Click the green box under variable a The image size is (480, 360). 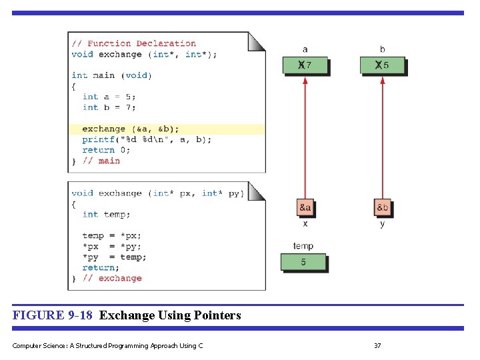[x=305, y=65]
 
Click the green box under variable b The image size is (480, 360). [x=382, y=65]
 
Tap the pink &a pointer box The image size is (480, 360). [x=305, y=207]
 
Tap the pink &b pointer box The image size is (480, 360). [x=382, y=207]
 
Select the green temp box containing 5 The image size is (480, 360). [x=303, y=262]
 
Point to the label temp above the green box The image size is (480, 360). [x=303, y=246]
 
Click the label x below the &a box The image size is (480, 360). [x=305, y=224]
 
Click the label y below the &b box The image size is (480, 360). [x=382, y=224]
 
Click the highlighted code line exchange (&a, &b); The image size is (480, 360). [x=131, y=129]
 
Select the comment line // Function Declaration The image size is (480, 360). [x=134, y=43]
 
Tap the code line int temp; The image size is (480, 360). [x=106, y=214]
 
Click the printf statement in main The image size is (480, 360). [x=147, y=139]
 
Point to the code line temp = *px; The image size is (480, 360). [x=112, y=235]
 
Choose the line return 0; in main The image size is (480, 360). [x=107, y=150]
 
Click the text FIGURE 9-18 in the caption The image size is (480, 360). [x=53, y=315]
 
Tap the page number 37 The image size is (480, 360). [x=377, y=345]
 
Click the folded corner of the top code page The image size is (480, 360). [x=257, y=41]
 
